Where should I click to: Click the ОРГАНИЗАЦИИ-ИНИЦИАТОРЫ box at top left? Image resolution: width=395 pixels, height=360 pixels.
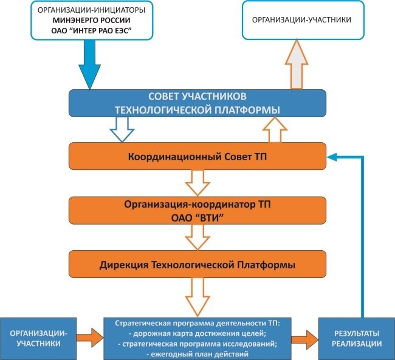84,21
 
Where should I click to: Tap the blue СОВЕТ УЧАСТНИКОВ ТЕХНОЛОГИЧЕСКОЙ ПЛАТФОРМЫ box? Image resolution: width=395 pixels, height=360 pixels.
197,103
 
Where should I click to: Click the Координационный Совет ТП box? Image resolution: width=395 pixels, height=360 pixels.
197,157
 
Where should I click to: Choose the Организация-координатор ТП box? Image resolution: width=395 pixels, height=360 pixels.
197,209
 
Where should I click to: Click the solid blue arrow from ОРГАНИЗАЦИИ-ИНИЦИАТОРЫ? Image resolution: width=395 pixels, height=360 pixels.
91,67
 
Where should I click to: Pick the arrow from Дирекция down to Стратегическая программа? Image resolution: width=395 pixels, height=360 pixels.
197,296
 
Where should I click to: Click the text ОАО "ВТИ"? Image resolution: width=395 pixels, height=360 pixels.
197,216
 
